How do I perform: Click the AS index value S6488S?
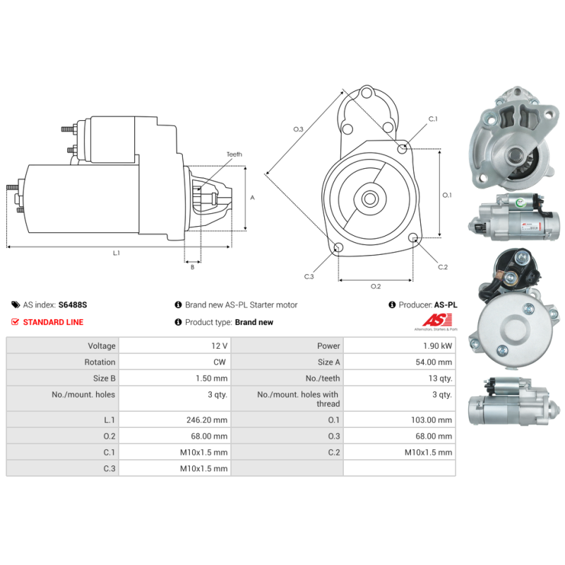pyautogui.click(x=73, y=305)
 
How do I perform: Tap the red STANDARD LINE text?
pyautogui.click(x=53, y=322)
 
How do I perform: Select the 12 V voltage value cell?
pyautogui.click(x=220, y=346)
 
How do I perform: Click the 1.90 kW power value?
pyautogui.click(x=438, y=346)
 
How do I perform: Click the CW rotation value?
pyautogui.click(x=220, y=362)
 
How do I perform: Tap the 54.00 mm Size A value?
pyautogui.click(x=434, y=362)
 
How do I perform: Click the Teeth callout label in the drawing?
pyautogui.click(x=234, y=154)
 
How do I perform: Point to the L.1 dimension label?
pyautogui.click(x=117, y=253)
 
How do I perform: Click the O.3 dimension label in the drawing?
pyautogui.click(x=298, y=129)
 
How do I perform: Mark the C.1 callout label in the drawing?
pyautogui.click(x=432, y=119)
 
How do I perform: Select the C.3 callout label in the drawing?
pyautogui.click(x=309, y=276)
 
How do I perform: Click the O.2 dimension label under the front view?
pyautogui.click(x=376, y=286)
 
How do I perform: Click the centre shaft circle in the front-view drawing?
pyautogui.click(x=369, y=198)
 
